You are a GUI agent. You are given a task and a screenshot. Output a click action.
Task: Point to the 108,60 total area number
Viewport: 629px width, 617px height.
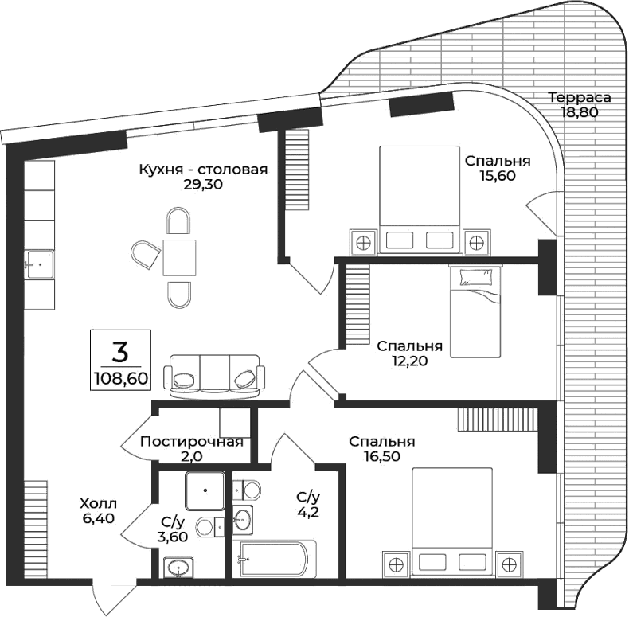120,377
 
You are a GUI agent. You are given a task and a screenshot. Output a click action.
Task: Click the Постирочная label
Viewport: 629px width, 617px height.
191,443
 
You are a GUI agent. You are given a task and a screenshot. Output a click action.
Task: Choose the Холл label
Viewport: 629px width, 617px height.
98,503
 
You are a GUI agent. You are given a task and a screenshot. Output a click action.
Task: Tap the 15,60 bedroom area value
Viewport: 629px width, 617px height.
498,176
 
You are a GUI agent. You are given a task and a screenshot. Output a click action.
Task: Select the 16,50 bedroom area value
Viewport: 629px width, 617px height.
382,456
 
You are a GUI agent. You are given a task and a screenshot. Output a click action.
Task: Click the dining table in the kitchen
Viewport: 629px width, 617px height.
179,256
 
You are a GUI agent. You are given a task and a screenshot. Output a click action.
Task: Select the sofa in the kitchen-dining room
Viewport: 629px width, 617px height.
213,375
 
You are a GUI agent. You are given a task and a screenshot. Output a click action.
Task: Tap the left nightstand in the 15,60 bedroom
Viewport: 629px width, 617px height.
364,240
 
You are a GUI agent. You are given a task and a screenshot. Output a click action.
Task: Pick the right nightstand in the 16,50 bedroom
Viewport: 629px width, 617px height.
507,563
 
